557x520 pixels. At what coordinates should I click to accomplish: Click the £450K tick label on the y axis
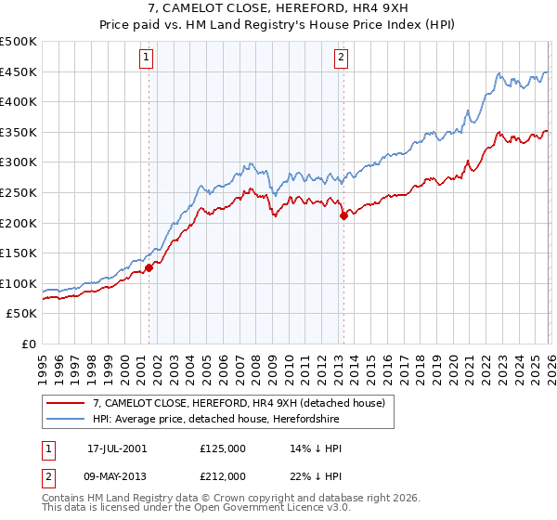(x=19, y=71)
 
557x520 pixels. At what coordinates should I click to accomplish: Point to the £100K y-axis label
(x=19, y=283)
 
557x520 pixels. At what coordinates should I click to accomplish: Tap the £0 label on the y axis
(x=29, y=344)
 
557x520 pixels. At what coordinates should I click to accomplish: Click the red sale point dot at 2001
(x=149, y=267)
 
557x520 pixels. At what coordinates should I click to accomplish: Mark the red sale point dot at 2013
(x=343, y=215)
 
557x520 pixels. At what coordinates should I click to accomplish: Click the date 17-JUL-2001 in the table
(x=117, y=448)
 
